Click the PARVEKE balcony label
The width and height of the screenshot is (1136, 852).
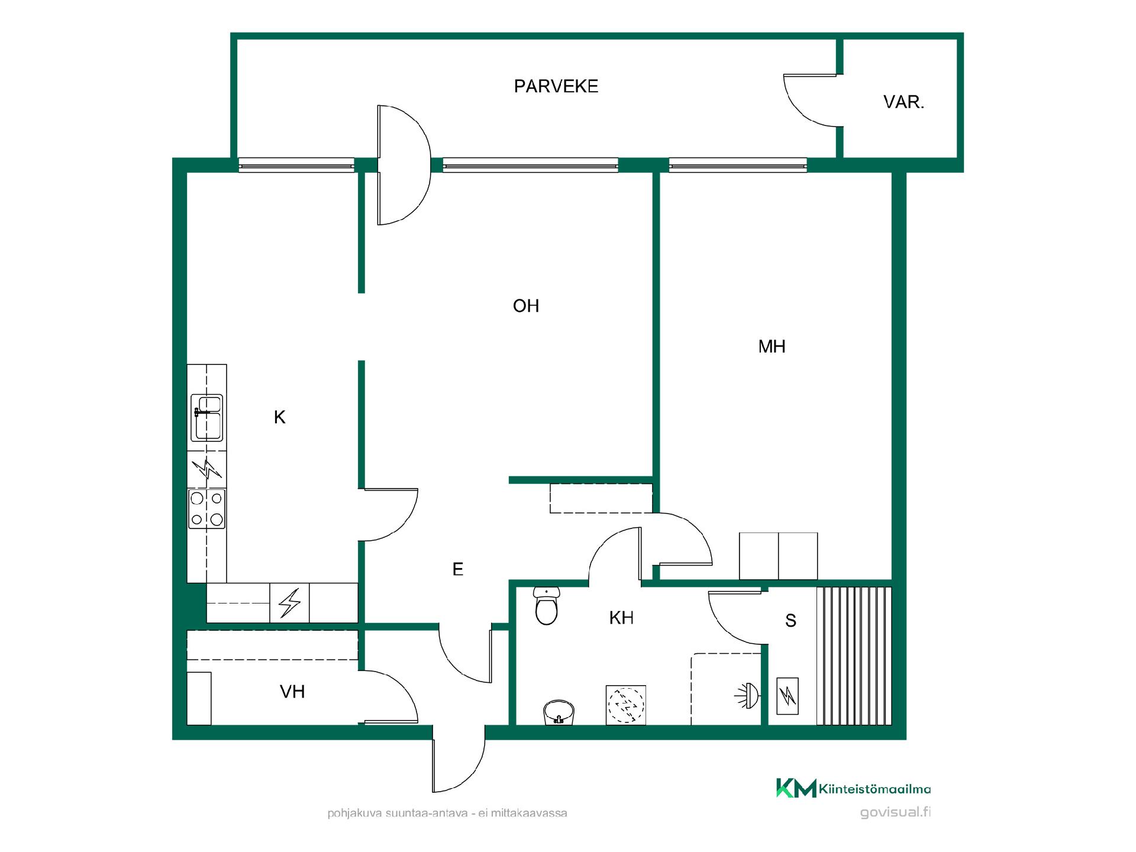pos(556,86)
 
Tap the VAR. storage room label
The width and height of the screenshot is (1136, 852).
pos(903,102)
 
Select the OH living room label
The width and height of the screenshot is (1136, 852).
pos(526,306)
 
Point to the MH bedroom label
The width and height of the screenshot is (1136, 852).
pos(772,346)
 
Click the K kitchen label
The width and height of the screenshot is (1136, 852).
pos(280,418)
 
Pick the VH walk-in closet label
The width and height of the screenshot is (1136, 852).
pos(292,692)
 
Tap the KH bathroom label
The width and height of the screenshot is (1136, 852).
pos(621,618)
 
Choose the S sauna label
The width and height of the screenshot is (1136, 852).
pos(790,621)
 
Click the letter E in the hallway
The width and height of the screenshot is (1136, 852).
pos(457,569)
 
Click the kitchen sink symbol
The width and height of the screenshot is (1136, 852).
pos(206,418)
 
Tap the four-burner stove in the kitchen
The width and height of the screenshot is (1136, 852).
pos(206,509)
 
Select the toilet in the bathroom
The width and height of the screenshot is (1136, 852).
pos(546,606)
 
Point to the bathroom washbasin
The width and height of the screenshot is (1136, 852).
pos(559,712)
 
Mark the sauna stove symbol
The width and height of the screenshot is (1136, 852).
pos(787,696)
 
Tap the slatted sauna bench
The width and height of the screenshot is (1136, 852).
pos(854,656)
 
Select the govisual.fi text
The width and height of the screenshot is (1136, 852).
pos(895,812)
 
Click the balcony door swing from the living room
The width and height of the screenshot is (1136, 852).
pos(404,165)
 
